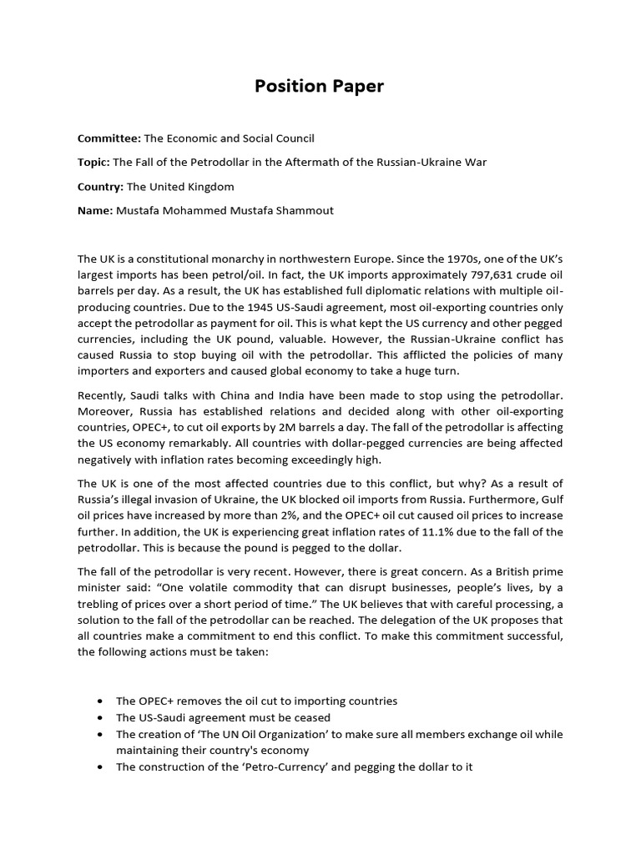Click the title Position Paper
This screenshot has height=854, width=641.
320,87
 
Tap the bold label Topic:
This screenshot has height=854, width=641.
93,163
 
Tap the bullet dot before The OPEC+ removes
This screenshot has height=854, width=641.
100,701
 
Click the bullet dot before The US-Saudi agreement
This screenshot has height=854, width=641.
100,718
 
